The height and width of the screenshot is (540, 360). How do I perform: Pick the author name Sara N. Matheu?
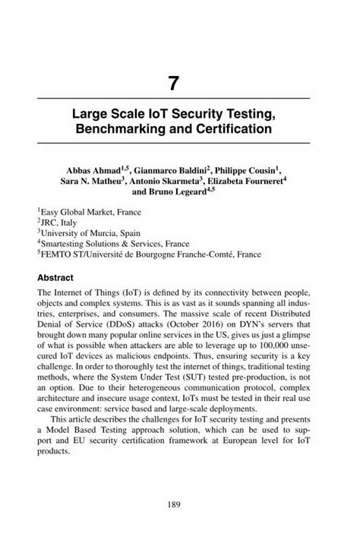[92, 183]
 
